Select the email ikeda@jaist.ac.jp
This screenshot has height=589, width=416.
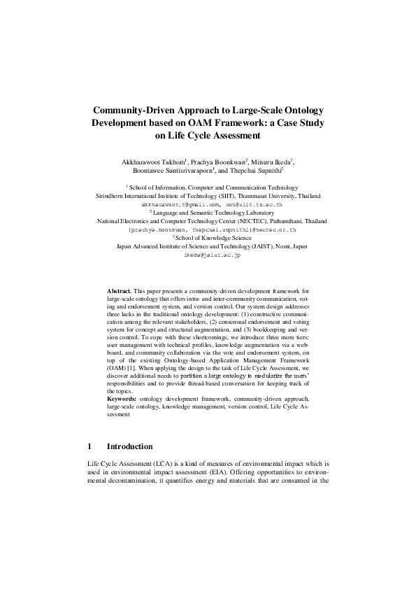[208, 256]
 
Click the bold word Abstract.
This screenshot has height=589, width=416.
[119, 309]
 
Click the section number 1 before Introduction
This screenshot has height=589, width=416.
[89, 446]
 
